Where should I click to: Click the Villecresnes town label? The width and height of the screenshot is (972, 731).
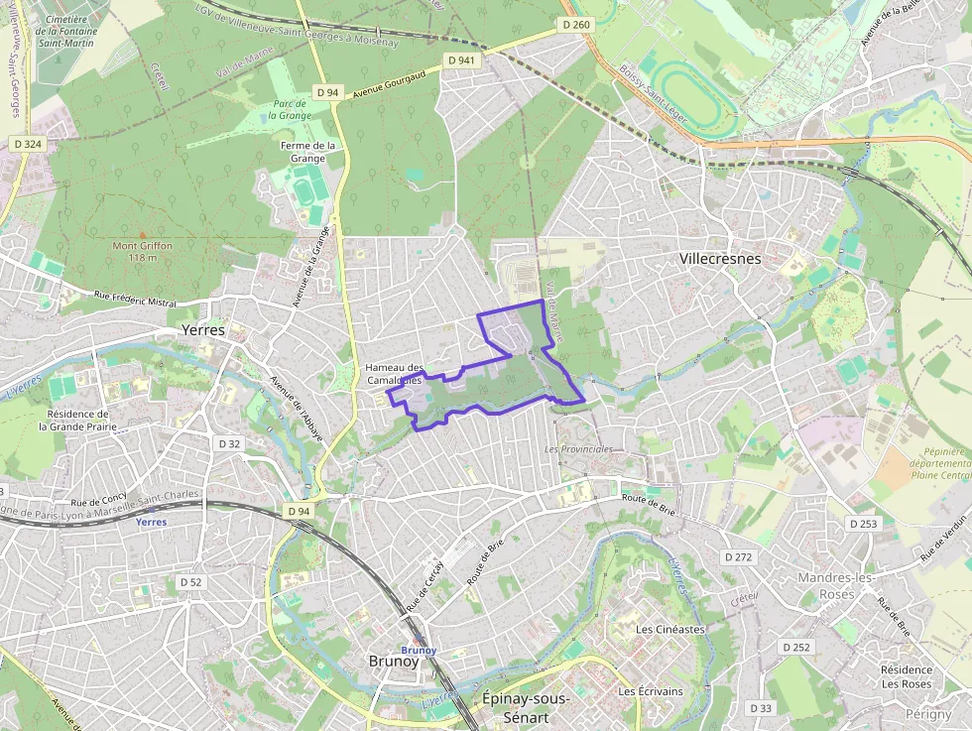720,259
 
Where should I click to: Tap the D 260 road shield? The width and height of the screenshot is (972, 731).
575,25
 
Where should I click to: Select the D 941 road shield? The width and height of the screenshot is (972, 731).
462,61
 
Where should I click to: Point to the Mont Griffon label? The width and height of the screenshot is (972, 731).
142,251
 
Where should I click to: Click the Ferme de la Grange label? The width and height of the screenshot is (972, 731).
308,152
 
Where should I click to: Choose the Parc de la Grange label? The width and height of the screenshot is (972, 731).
290,109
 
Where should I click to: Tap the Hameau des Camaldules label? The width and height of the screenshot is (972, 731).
394,374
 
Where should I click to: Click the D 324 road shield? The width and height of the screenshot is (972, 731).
28,144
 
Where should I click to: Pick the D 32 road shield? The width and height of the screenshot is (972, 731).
229,443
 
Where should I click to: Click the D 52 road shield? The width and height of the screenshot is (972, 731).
190,582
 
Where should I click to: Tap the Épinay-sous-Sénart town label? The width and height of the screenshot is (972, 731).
526,706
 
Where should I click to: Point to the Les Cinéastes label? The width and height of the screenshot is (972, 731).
670,629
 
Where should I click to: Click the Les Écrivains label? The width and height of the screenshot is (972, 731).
651,691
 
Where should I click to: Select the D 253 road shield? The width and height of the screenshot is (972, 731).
863,523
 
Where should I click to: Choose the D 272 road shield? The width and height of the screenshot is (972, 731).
738,557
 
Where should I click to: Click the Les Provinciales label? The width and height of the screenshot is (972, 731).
579,449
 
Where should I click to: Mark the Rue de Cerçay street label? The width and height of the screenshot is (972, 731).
424,584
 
